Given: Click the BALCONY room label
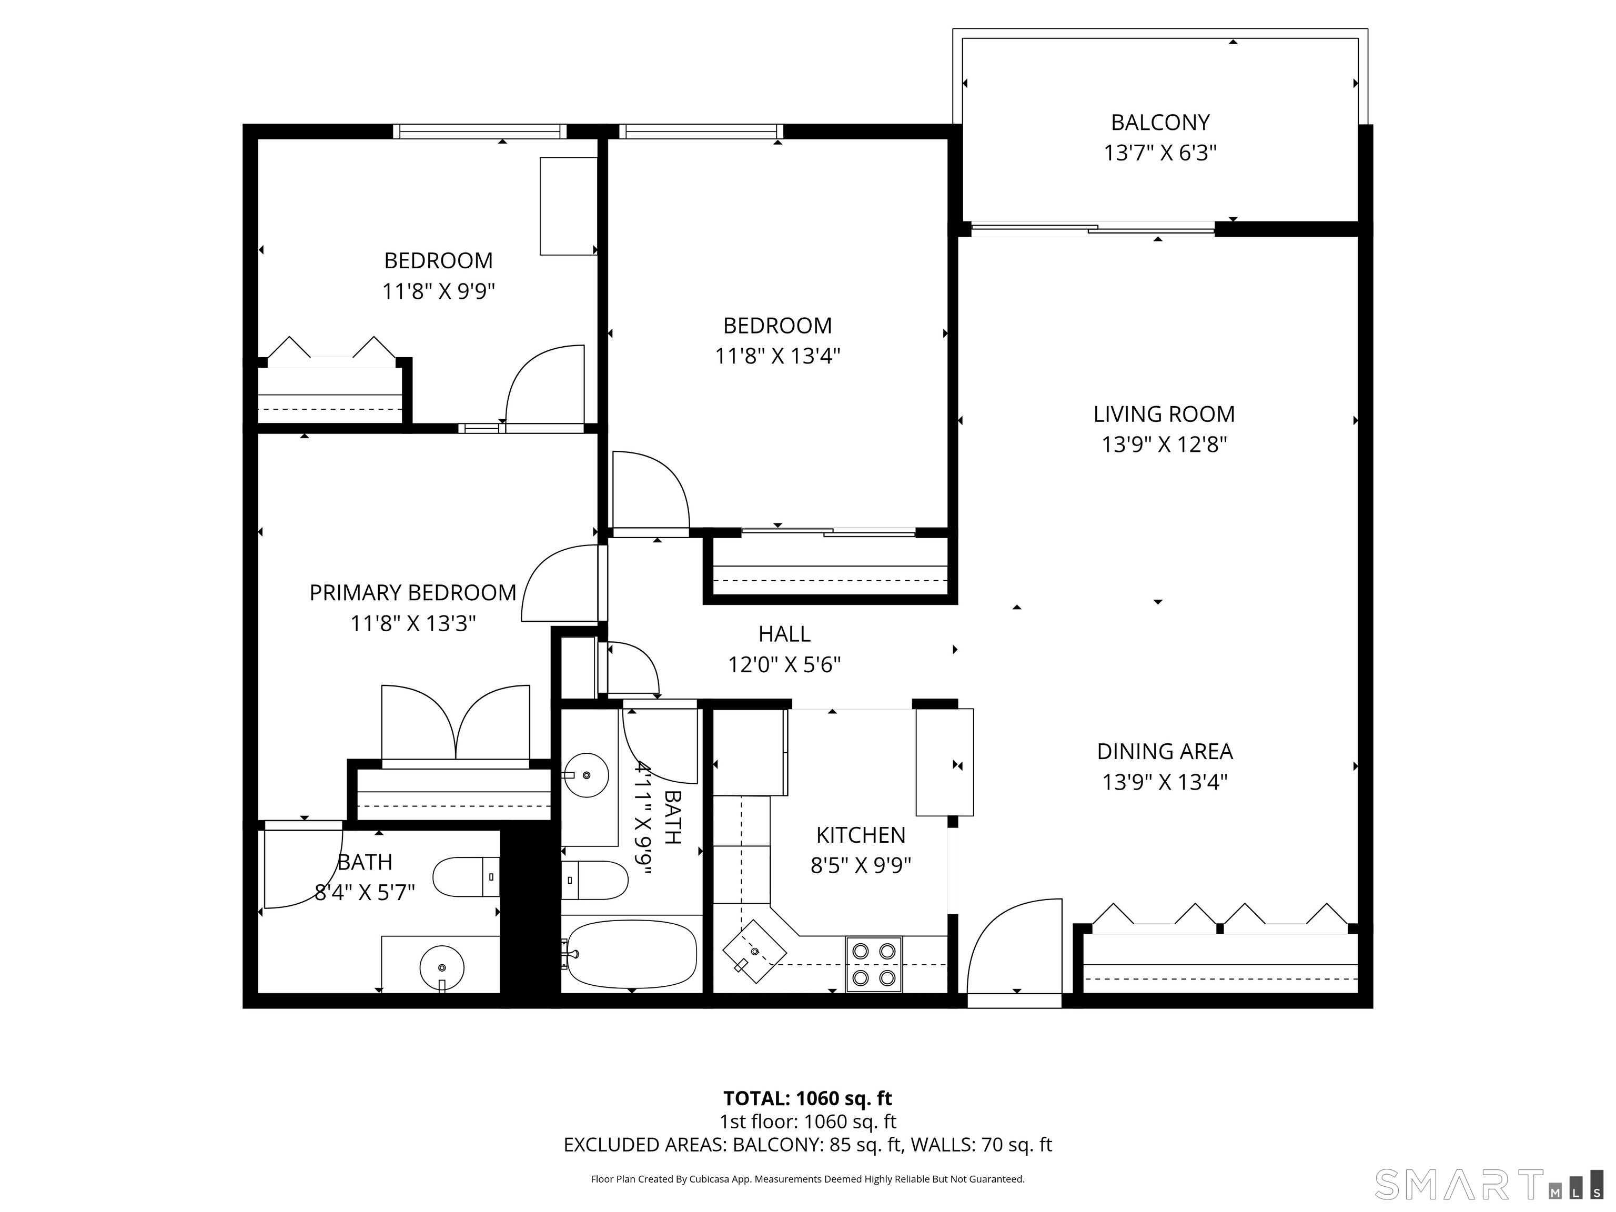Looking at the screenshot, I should point(1159,122).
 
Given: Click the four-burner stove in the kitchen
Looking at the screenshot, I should point(874,964).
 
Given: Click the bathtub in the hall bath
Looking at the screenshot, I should point(631,953).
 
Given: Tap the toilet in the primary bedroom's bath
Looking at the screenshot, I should point(464,877).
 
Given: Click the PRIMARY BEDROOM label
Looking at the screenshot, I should point(413,592).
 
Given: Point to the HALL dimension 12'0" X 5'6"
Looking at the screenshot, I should point(784,665).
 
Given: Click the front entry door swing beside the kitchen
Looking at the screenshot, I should point(1014,950).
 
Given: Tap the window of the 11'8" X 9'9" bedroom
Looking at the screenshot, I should point(479,132).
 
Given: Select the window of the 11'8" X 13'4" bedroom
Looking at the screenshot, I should point(701,132).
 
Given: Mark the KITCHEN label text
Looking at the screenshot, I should point(861,835).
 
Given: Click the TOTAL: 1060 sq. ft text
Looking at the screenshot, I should point(807,1098).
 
